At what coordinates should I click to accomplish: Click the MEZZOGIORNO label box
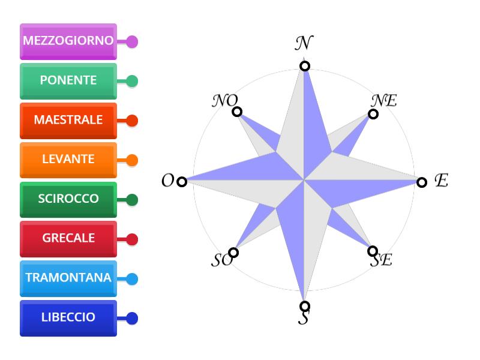pos(68,41)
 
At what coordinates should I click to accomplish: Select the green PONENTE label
pos(68,81)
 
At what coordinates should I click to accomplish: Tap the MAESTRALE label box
pos(68,121)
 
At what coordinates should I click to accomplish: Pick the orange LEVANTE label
pos(68,160)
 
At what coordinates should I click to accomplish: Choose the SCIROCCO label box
pos(68,200)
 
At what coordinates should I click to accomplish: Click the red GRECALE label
pos(68,239)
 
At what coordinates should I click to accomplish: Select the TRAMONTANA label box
pos(68,278)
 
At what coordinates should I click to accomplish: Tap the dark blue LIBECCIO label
pos(68,318)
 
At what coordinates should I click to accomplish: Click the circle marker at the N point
pos(305,66)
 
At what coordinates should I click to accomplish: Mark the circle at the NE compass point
pos(373,114)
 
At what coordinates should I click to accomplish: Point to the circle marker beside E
pos(422,182)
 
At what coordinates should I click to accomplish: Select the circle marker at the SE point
pos(373,251)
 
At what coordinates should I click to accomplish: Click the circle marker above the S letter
pos(305,306)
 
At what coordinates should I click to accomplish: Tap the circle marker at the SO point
pos(233,253)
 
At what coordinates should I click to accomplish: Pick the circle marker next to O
pos(182,182)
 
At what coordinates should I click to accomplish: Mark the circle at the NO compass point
pos(237,112)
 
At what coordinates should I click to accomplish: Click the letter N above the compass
pos(304,43)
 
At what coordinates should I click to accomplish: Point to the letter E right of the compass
pos(442,180)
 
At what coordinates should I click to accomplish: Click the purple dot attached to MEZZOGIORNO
pos(132,41)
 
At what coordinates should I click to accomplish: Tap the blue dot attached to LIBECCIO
pos(132,319)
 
